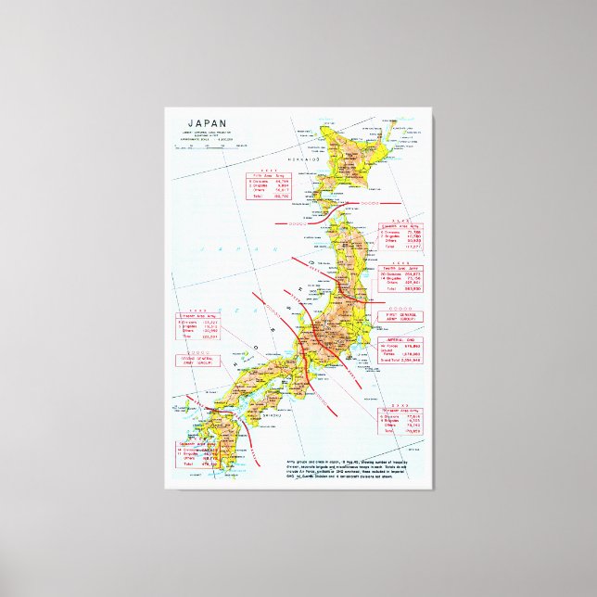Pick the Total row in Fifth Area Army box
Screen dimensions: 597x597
272,197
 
